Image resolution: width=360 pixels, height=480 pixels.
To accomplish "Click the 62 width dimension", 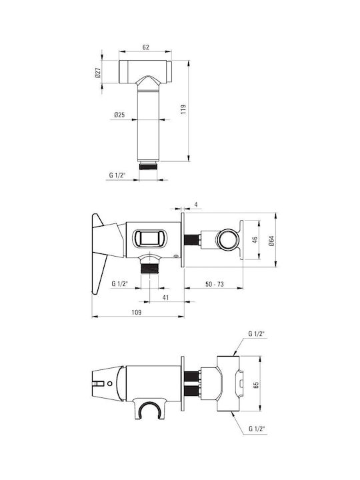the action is [146, 47].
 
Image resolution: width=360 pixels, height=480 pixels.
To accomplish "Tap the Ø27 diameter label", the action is [98, 73].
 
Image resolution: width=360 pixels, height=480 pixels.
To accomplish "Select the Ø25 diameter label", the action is [119, 115].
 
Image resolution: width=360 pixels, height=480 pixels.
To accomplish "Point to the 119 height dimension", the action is [183, 109].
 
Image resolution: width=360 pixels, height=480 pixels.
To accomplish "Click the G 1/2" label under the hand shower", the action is [118, 175].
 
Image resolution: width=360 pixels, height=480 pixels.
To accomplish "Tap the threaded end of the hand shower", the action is [148, 167].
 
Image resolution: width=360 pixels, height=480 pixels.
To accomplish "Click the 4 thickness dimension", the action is [196, 204].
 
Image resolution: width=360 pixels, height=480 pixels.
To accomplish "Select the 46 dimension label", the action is [255, 240].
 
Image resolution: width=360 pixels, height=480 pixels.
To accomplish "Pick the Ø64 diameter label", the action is [271, 240].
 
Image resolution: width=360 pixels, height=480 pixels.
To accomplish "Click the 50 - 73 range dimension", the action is [214, 284].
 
